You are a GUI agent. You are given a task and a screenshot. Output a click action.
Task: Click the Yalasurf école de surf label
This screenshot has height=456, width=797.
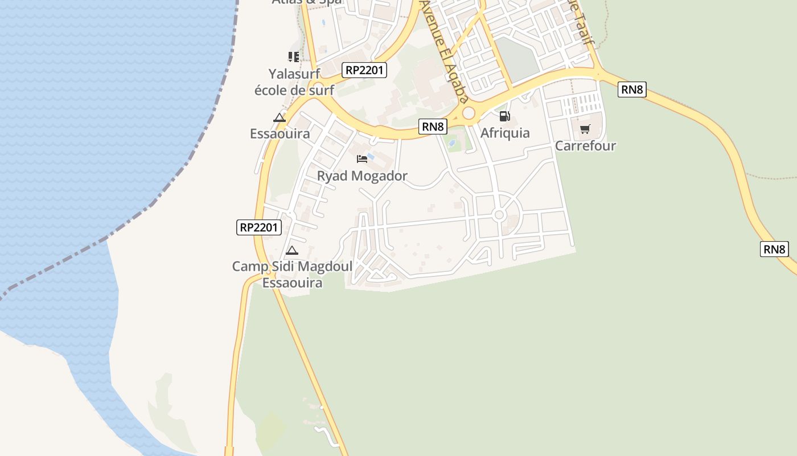tap(294, 82)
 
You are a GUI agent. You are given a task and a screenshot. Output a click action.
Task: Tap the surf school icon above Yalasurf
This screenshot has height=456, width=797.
tap(293, 56)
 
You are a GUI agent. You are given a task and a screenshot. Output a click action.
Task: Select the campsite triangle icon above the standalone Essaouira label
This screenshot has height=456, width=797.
tap(279, 118)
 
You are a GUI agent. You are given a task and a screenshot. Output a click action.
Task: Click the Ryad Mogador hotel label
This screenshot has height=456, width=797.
tap(362, 176)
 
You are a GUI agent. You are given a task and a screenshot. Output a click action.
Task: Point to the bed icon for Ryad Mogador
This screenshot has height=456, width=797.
tap(361, 158)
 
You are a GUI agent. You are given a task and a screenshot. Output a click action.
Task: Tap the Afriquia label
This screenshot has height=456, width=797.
tap(505, 133)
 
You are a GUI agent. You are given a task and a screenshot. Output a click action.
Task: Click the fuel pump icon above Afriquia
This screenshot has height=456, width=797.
tap(504, 117)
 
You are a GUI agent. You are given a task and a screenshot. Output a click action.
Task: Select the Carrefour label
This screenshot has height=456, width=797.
tap(585, 145)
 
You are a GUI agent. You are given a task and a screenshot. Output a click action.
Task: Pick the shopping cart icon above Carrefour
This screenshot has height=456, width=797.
tap(585, 129)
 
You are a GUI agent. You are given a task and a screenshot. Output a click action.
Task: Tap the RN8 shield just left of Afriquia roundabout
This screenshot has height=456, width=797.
tap(433, 127)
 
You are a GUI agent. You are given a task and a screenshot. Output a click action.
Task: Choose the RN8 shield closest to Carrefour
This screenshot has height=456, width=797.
tap(632, 89)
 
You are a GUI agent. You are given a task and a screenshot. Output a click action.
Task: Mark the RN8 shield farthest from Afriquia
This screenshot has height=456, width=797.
tap(774, 249)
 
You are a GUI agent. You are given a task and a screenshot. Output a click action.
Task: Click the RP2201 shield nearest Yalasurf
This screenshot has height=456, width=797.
tap(365, 70)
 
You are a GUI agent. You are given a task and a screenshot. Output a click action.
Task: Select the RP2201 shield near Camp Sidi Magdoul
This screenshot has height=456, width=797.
tap(259, 227)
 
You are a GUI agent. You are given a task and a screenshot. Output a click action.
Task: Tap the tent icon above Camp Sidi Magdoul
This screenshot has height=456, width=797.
tap(292, 250)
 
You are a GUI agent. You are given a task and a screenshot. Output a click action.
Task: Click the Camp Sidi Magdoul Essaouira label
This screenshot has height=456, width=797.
tap(292, 274)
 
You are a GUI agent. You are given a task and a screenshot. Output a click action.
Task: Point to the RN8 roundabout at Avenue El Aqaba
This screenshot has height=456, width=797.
tap(469, 113)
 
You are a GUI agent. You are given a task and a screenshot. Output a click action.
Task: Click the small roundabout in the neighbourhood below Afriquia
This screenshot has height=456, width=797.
tap(499, 215)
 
